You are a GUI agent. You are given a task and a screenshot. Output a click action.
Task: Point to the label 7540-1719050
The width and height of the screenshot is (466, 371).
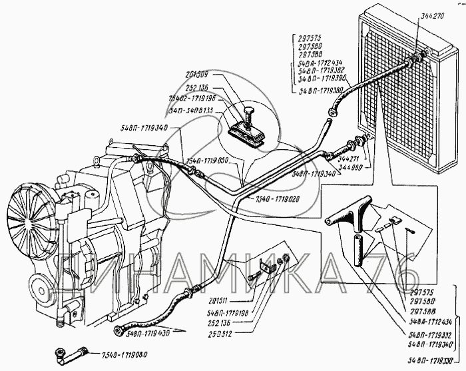click(x=208, y=161)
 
